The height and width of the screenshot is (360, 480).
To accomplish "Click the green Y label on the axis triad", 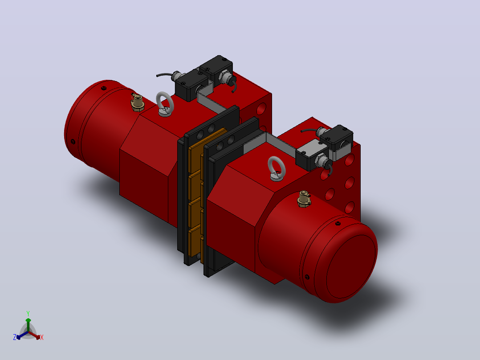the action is point(28,313).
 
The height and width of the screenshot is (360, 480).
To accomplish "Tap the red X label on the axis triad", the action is point(42,337).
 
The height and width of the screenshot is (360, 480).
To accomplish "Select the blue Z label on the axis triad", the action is point(15,337).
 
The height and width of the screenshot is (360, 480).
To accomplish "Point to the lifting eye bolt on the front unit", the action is point(277,169).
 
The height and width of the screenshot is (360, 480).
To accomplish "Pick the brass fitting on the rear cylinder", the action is point(138,102).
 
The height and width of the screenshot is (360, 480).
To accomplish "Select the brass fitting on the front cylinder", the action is point(304,199).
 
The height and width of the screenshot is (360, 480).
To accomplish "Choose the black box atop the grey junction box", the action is point(337,137).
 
